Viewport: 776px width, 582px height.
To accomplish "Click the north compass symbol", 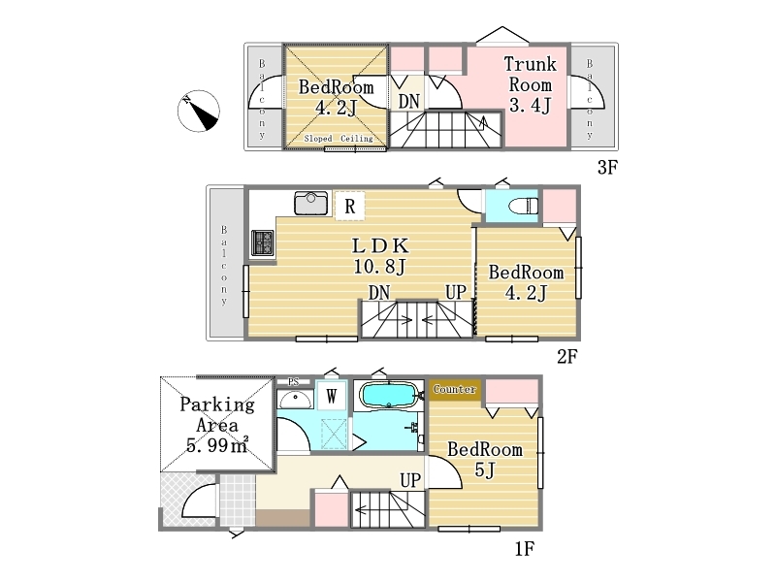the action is tap(199, 111).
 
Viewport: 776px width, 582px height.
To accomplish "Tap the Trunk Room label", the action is tap(530, 84).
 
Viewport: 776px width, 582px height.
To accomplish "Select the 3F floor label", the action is tap(607, 167).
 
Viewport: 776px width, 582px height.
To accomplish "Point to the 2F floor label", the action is tap(567, 356).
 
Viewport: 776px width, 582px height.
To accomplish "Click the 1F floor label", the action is tap(525, 548).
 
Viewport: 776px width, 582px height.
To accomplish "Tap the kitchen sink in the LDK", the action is tap(310, 203).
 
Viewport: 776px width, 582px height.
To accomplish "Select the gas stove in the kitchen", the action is tap(263, 243).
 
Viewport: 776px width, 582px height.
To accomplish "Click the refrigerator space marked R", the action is tap(350, 206).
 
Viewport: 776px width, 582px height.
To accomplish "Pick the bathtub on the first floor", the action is tap(390, 395).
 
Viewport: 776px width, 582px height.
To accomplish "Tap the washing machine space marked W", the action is tap(331, 396).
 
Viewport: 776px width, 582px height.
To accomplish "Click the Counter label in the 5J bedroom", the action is tap(455, 389).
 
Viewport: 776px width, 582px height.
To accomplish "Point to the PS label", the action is tap(294, 382).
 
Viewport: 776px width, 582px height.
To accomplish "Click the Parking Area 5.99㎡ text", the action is tap(217, 425).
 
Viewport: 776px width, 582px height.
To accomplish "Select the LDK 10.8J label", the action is tap(380, 256).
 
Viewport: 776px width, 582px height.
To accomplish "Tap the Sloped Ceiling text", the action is tap(339, 139).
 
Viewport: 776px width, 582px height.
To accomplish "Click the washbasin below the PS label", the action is tap(295, 399).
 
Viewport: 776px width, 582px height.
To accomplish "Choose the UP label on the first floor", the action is tap(410, 480).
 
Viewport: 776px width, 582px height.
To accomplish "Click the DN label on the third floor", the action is tap(408, 102).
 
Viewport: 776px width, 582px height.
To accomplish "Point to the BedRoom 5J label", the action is tap(485, 459).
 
